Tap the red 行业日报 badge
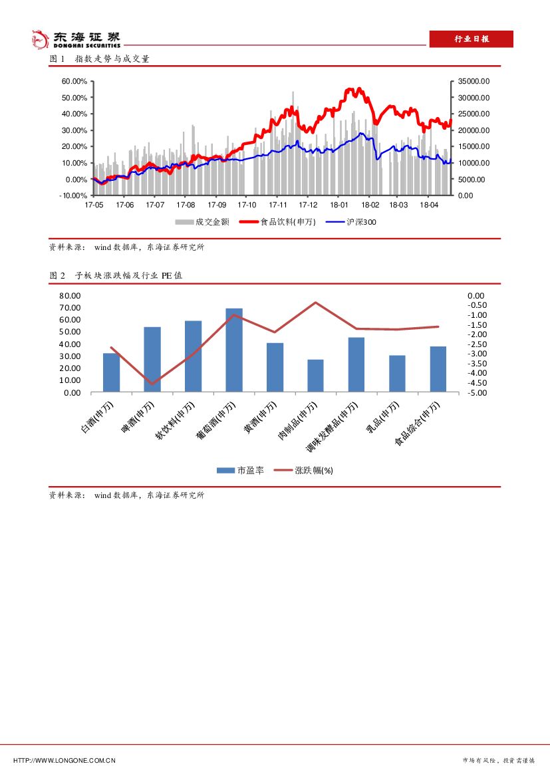click(x=471, y=39)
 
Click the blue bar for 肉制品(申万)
click(x=315, y=376)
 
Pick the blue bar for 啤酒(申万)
click(x=152, y=359)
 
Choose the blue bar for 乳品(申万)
click(x=397, y=374)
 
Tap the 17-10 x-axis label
click(x=246, y=205)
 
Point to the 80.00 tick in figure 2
click(x=70, y=295)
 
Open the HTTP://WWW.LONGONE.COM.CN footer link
click(x=65, y=760)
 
